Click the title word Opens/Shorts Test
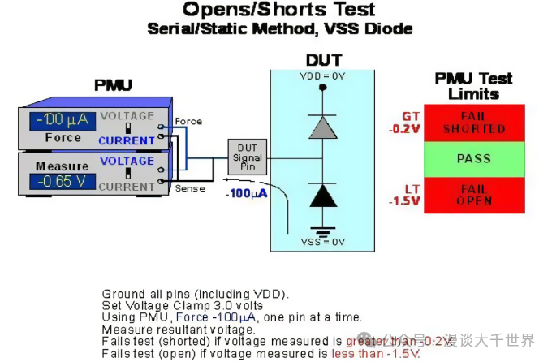coord(279,11)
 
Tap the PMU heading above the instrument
coord(113,85)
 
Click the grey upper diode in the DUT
coord(323,127)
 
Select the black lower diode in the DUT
coord(323,195)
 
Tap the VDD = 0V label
coord(323,75)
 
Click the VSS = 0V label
coord(323,242)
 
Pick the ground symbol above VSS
coord(323,229)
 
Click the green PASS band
coord(473,159)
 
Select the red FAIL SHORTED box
coord(473,123)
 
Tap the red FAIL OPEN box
coord(473,195)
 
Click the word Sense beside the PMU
coord(190,188)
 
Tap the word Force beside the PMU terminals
coord(188,122)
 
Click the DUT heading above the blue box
coord(323,60)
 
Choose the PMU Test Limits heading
coord(473,85)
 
